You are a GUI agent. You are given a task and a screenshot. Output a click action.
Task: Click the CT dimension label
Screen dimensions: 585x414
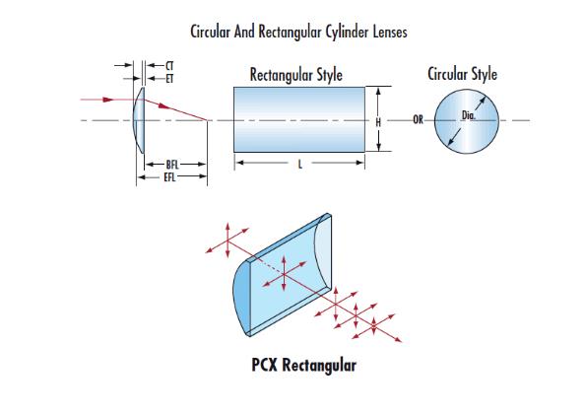(169, 66)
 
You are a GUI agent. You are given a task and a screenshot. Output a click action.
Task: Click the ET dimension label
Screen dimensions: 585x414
(169, 79)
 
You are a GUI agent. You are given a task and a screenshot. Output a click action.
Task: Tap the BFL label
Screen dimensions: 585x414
(172, 165)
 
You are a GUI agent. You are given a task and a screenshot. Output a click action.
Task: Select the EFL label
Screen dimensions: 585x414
(169, 177)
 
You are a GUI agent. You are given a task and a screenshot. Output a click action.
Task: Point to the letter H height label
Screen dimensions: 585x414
(378, 122)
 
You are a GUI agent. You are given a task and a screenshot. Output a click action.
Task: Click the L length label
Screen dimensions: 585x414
(300, 164)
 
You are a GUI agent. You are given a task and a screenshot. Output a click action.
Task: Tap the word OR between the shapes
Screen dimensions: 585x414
(418, 120)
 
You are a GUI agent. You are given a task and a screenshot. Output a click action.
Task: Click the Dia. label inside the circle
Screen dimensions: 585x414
(469, 115)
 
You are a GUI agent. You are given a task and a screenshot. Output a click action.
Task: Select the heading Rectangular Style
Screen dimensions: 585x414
(295, 75)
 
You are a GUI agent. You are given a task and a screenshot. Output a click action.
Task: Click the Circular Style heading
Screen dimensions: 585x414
(462, 74)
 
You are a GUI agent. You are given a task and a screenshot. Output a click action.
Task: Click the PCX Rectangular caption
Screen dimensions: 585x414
(303, 365)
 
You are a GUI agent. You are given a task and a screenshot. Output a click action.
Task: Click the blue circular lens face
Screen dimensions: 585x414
(467, 121)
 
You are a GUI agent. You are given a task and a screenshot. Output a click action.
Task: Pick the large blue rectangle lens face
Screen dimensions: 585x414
(299, 119)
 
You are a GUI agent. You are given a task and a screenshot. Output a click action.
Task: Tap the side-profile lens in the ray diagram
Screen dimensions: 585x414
(139, 120)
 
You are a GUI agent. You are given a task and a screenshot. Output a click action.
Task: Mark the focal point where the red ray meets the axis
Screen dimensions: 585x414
(207, 120)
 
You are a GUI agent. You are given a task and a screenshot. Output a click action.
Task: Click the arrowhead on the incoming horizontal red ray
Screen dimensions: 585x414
(108, 100)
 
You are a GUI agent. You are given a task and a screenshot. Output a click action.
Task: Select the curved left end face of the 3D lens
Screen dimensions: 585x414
(241, 297)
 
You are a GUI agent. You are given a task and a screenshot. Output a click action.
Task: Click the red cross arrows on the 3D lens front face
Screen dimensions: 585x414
(285, 274)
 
